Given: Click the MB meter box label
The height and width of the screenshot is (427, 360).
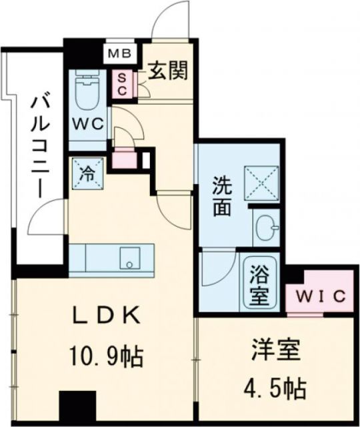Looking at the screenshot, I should coord(121,52).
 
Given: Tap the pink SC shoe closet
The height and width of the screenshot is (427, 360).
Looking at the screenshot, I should coord(122,83).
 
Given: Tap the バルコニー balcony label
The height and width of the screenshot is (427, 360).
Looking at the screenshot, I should coord(37,147).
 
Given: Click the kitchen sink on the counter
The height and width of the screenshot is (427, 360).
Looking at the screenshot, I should coord(127,256).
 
